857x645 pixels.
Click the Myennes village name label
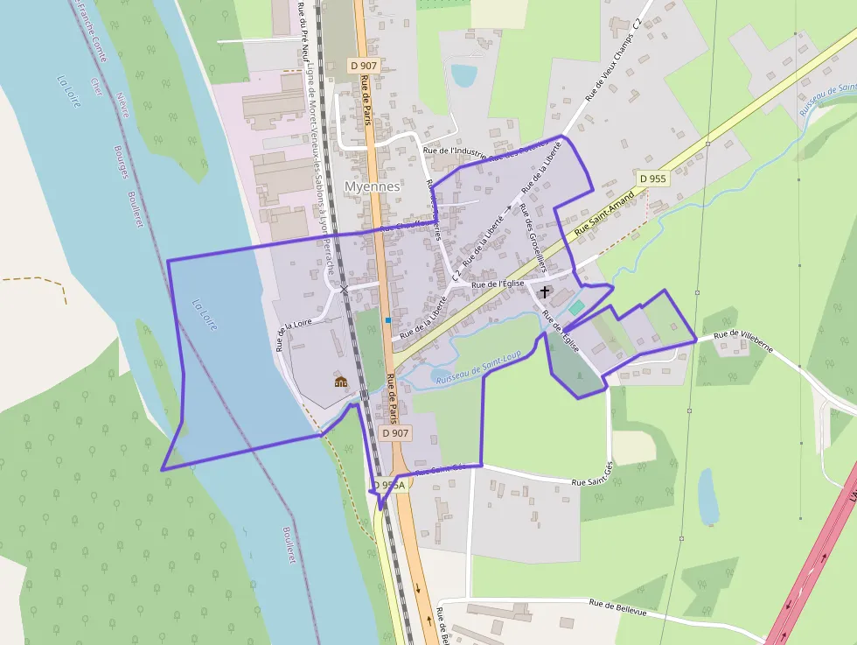click(373, 186)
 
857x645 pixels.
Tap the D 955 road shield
click(652, 179)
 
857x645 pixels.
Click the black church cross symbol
click(545, 291)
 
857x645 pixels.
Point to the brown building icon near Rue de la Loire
click(340, 381)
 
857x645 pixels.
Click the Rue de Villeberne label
click(743, 334)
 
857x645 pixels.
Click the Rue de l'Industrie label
click(454, 151)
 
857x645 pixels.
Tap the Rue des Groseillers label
click(533, 237)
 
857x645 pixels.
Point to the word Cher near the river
click(95, 85)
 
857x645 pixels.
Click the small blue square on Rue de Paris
click(387, 320)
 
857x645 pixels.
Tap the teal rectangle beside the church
click(575, 307)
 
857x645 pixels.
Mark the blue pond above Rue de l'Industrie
click(464, 75)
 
